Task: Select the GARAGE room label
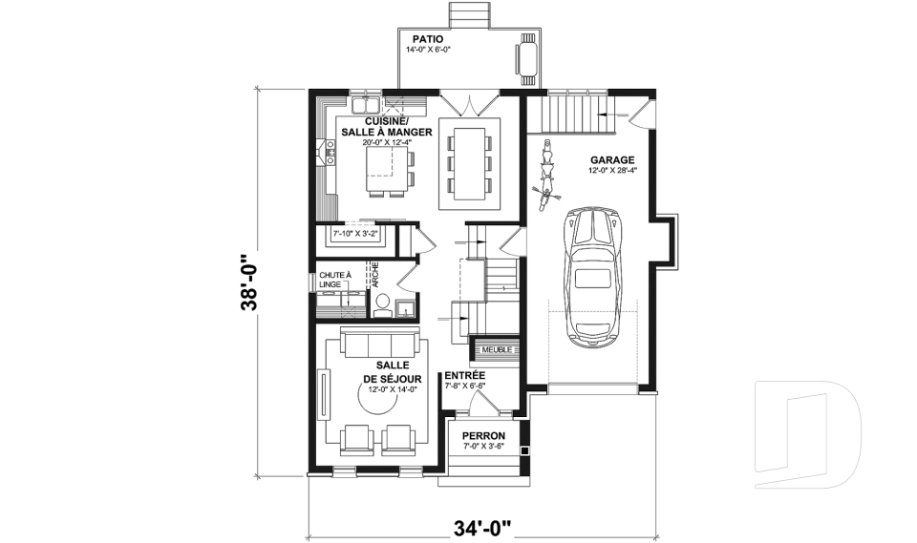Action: [x=609, y=160]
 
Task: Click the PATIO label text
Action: [x=426, y=38]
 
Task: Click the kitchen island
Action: [x=386, y=164]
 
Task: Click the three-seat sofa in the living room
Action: [x=380, y=345]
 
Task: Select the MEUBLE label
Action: [x=496, y=349]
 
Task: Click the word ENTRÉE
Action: [x=465, y=376]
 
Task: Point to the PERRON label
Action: [x=483, y=435]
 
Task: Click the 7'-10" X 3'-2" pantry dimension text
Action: [x=354, y=232]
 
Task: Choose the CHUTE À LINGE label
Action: [x=334, y=281]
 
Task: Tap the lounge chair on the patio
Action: [x=527, y=56]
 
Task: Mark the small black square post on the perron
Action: [x=523, y=449]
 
